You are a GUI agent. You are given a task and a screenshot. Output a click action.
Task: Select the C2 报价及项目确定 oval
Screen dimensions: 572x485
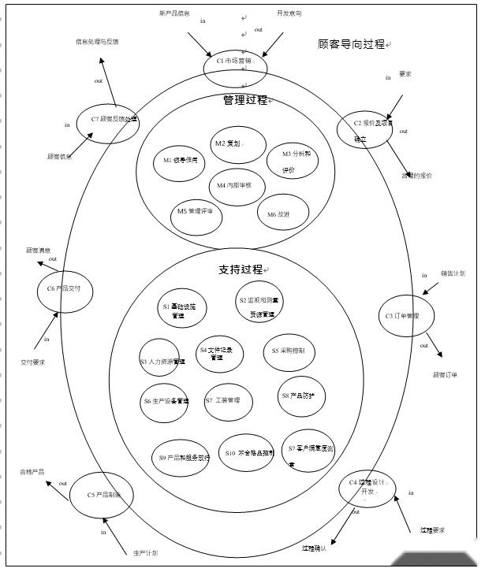(364, 128)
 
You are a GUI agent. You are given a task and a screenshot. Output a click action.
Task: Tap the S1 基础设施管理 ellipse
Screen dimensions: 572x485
(177, 310)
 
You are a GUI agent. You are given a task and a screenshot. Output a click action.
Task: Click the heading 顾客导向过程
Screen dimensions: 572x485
(352, 45)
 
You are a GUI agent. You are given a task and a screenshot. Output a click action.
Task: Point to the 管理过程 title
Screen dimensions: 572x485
(244, 100)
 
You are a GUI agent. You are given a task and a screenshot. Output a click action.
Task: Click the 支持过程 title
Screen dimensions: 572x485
(241, 270)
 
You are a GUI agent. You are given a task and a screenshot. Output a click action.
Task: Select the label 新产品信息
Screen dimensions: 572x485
(174, 13)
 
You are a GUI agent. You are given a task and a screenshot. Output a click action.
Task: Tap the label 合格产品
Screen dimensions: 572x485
(32, 472)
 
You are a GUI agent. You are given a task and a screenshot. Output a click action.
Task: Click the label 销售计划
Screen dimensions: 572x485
(453, 273)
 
